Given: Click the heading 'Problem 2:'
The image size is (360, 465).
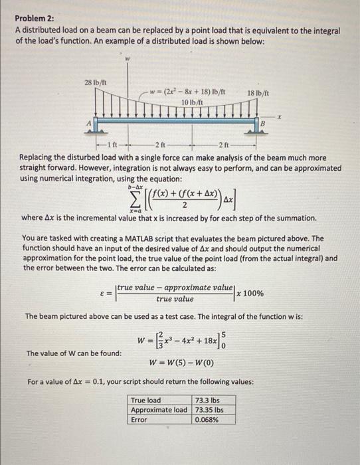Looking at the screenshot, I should pyautogui.click(x=35, y=21).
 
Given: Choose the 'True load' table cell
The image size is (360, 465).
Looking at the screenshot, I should pyautogui.click(x=145, y=401).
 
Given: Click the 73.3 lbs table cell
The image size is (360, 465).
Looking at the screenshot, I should pyautogui.click(x=207, y=401).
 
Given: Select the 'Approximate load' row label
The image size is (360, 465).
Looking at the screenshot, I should pyautogui.click(x=159, y=410).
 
